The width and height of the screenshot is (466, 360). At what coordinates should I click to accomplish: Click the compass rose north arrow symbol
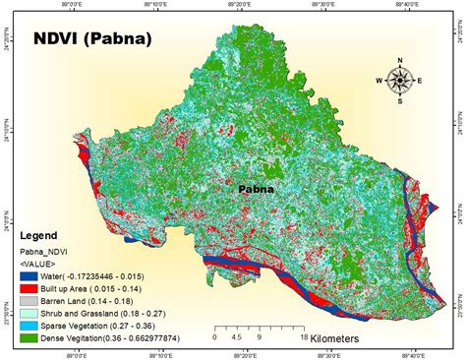[x=400, y=81]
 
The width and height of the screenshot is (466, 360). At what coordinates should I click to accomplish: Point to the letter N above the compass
[x=400, y=61]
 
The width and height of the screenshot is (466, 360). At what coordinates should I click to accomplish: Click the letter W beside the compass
[x=380, y=81]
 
